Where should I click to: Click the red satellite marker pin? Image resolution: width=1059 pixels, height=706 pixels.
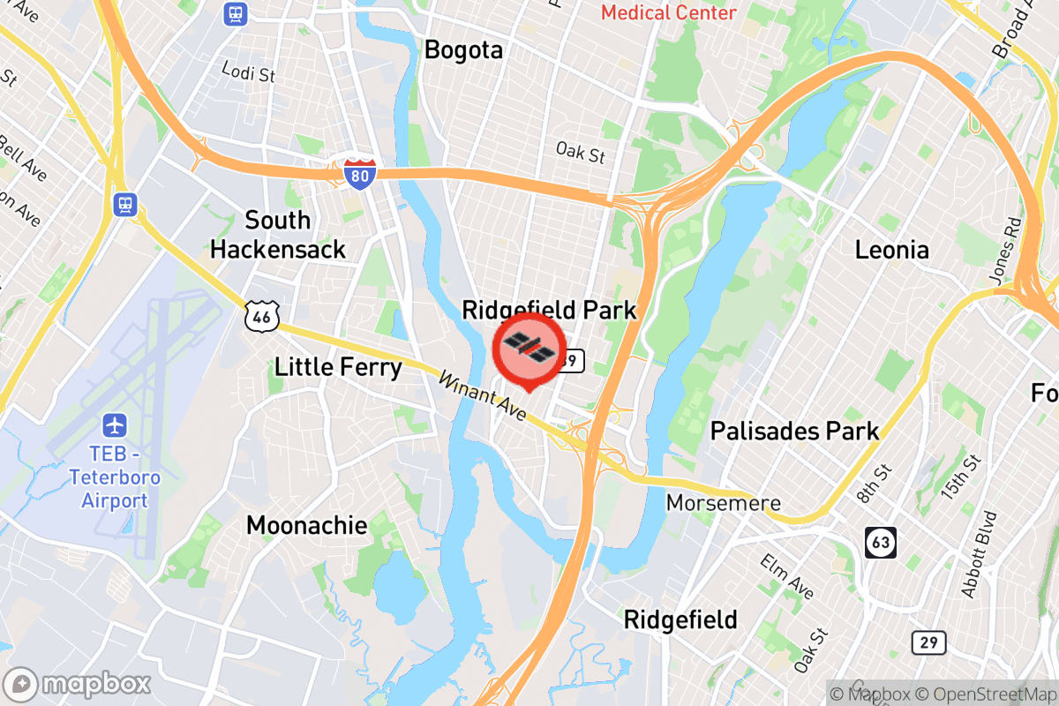tap(528, 349)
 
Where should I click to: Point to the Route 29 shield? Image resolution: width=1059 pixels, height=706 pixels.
tap(928, 642)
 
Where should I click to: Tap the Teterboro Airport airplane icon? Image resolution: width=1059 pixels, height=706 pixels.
tap(115, 425)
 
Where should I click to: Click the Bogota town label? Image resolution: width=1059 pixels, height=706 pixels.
tap(463, 50)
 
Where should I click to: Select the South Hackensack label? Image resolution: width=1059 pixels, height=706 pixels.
tap(278, 234)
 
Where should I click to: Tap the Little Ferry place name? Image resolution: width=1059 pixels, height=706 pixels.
tap(338, 366)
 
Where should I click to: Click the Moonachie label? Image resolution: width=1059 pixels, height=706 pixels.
tap(306, 526)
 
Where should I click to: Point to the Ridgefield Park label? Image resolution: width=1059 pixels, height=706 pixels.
tap(549, 310)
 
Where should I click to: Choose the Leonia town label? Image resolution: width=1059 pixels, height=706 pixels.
tap(891, 250)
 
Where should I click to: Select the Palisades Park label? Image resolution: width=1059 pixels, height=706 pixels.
tap(795, 431)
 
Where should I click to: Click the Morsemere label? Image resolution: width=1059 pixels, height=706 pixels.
tap(724, 503)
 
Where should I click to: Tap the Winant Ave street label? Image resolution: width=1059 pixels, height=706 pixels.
tap(482, 397)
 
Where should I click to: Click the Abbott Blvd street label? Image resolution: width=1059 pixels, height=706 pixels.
tap(980, 555)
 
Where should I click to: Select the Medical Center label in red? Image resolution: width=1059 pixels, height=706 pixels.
tap(668, 12)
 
